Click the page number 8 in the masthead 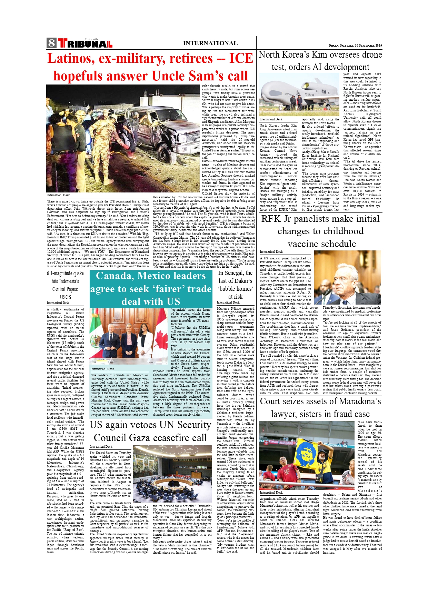click(52, 43)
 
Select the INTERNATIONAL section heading click(210, 43)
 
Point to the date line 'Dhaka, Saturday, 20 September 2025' click(355, 46)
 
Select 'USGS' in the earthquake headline click(65, 297)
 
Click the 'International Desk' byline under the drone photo click(271, 119)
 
